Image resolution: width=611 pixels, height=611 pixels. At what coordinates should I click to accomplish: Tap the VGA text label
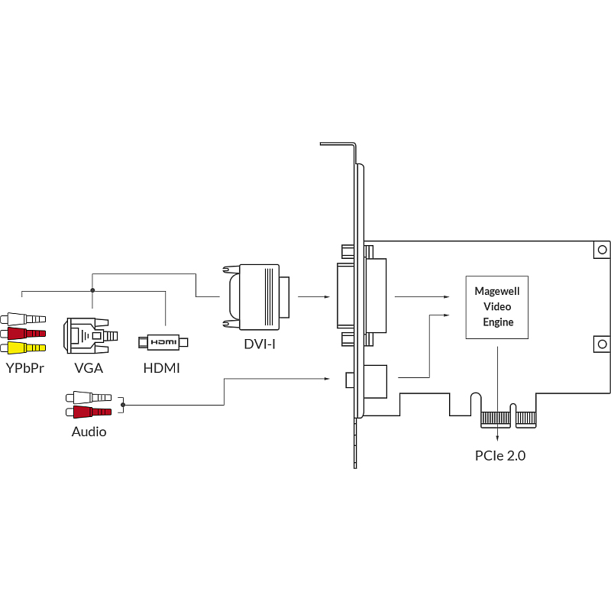click(89, 367)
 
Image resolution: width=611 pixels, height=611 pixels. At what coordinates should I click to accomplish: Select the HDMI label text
click(162, 367)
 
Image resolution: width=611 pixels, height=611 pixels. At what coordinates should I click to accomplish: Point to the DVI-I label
click(260, 344)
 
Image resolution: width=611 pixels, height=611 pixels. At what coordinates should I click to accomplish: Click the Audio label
click(89, 432)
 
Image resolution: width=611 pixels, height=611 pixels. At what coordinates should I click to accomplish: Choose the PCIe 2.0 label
click(500, 456)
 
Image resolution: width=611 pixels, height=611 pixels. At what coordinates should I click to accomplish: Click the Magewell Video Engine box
click(497, 307)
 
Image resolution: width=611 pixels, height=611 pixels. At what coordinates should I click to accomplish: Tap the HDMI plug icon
click(162, 342)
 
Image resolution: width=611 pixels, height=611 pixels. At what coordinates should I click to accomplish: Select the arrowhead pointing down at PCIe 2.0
click(498, 438)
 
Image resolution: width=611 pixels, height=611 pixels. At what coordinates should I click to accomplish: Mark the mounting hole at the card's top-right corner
click(602, 250)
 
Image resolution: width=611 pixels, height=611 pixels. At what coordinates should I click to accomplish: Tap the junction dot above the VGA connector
click(92, 290)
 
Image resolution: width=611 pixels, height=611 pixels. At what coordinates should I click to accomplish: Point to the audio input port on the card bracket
click(350, 380)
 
